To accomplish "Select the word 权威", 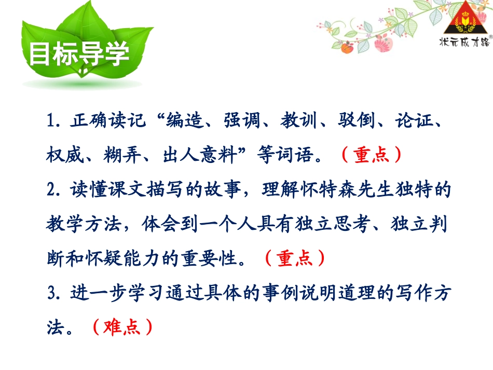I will click(x=62, y=154).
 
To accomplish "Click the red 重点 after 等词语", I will click(x=371, y=154).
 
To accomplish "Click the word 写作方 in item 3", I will click(x=423, y=292).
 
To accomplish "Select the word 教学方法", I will click(x=91, y=223).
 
